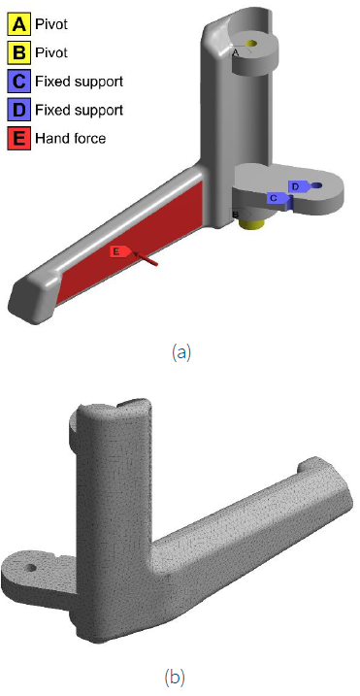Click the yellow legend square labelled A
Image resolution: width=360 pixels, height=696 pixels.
coord(18,24)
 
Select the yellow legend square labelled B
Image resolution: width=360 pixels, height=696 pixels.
coord(18,52)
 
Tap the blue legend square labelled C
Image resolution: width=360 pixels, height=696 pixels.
coord(18,82)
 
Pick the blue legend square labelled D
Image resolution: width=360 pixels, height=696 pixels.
coord(18,110)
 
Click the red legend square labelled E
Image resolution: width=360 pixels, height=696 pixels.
coord(18,138)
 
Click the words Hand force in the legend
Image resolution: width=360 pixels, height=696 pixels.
coord(71,139)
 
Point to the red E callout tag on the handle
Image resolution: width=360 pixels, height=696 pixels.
coord(121,251)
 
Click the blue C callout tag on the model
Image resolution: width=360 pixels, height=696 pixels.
coord(278,198)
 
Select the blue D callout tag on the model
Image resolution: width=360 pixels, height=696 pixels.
coord(298,187)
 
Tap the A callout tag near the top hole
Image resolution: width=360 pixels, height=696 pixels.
coord(238,52)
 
